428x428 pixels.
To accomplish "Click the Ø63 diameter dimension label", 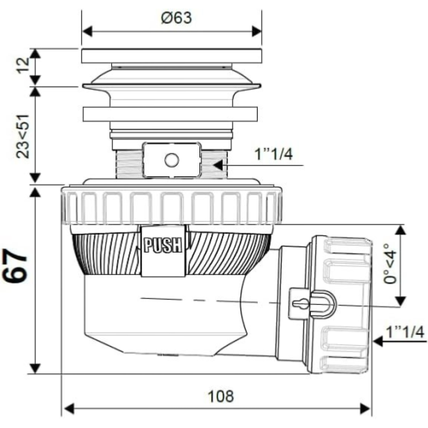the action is point(176,18).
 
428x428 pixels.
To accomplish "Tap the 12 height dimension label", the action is point(23,66).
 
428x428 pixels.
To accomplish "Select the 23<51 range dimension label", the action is point(23,136).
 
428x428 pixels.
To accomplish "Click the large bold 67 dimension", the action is point(15,266).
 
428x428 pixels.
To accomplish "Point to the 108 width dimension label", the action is point(221,396).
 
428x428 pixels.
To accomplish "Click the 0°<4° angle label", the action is point(390,264).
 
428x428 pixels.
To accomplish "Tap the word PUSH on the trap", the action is point(163,245).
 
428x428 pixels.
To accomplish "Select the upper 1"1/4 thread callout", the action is point(274,155).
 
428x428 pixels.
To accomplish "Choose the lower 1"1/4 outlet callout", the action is point(405,332).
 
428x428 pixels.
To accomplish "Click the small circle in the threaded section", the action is point(172,160).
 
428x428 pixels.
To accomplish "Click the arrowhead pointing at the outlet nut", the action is point(378,341).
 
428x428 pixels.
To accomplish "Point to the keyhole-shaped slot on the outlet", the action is point(300,303).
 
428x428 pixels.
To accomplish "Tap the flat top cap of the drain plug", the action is point(171,56).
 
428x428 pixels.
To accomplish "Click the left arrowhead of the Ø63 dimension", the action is point(87,31).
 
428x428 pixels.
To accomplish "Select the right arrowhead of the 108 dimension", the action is point(366,408).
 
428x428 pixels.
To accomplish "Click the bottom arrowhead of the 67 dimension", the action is point(35,368).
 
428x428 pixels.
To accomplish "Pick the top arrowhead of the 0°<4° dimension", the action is point(401,230).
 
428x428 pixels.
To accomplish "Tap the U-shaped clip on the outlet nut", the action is point(323,304).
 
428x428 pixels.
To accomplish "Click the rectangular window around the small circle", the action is point(172,160).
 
